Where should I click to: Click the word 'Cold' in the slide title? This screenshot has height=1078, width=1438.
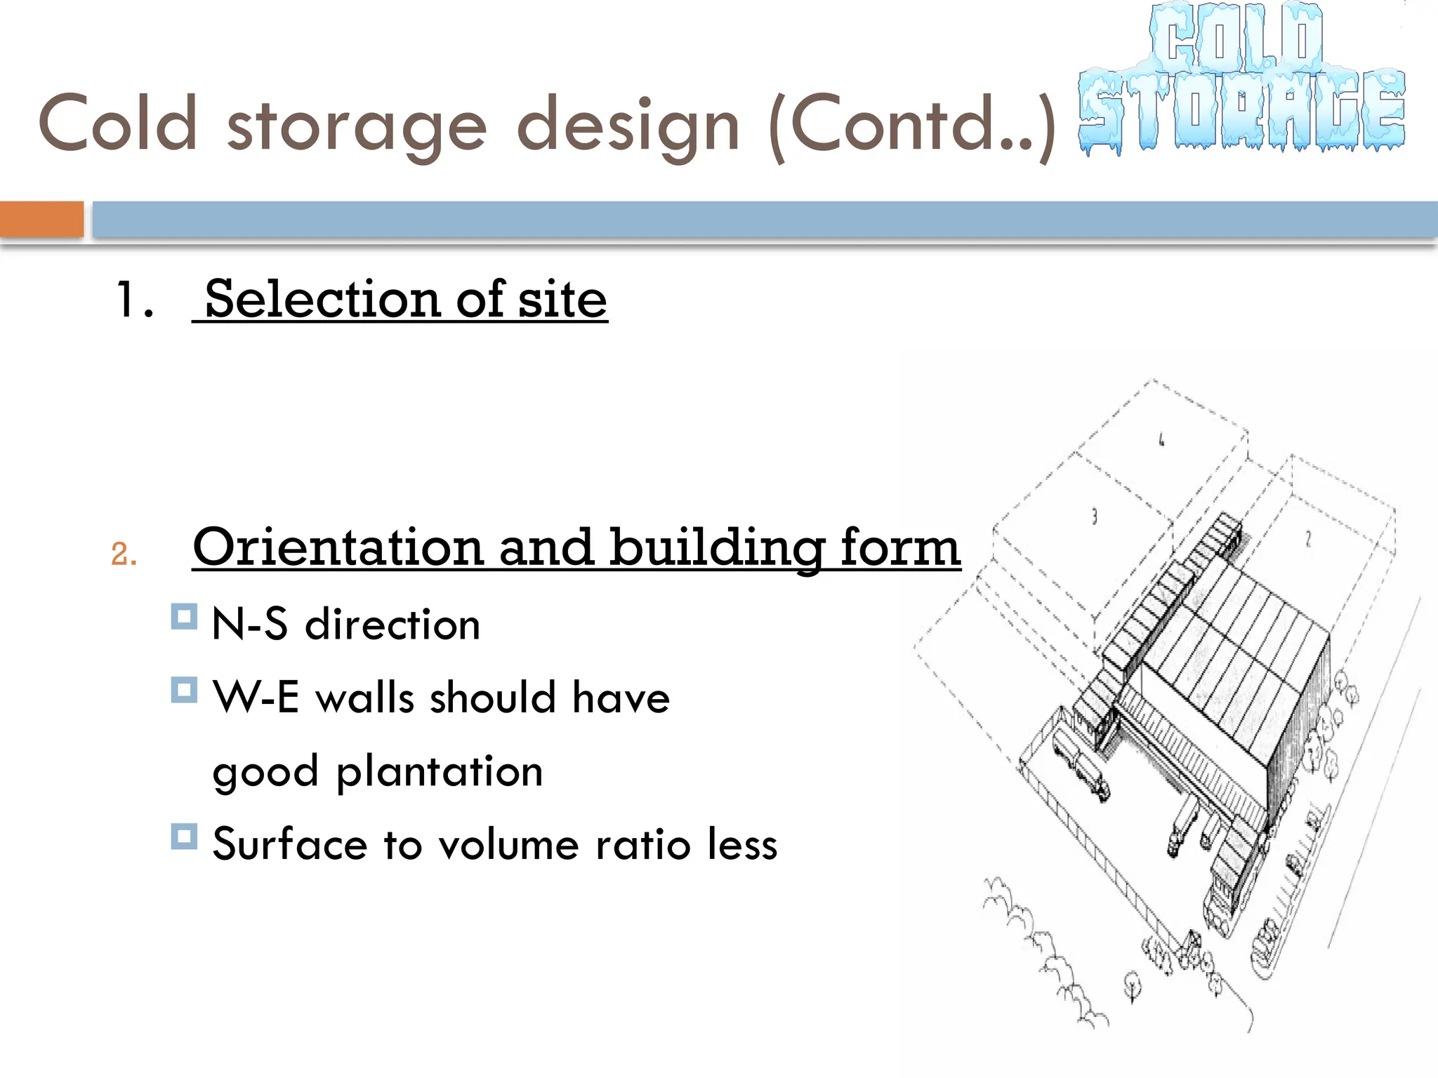click(x=117, y=124)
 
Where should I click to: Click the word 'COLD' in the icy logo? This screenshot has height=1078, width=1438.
click(x=1236, y=39)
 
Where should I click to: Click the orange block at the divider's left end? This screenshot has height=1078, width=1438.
click(x=41, y=219)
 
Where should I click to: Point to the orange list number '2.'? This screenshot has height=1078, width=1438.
click(x=124, y=554)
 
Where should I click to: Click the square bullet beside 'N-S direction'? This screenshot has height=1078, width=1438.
click(x=184, y=617)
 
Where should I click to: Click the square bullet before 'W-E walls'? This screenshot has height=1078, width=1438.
click(x=184, y=690)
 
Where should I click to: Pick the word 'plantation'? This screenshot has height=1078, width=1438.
click(x=440, y=772)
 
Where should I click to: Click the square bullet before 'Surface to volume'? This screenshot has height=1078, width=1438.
click(x=184, y=837)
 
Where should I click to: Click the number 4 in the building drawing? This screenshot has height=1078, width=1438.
click(x=1161, y=440)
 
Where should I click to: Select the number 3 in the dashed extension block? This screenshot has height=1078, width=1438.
click(x=1094, y=517)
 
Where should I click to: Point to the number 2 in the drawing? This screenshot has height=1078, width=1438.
click(x=1307, y=538)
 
